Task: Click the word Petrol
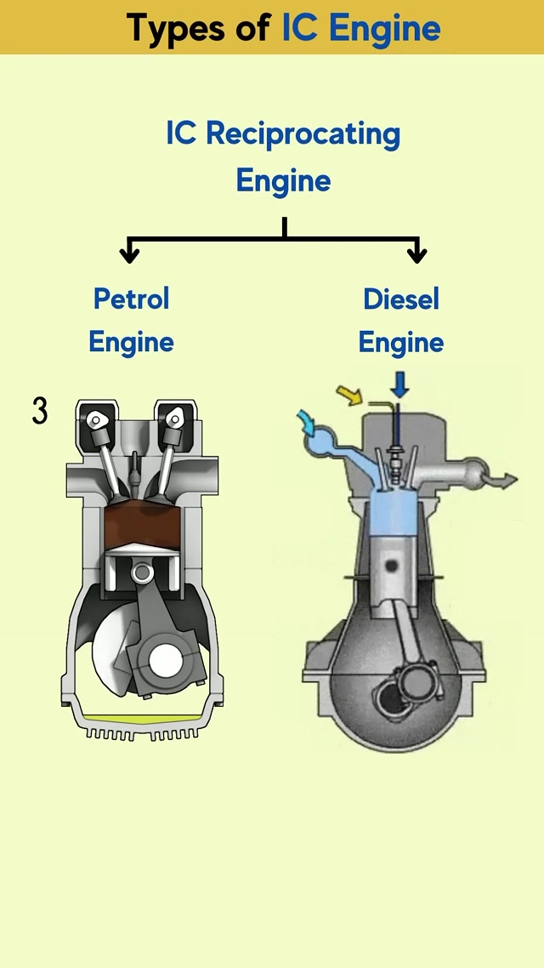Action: point(132,299)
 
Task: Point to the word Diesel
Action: point(401,299)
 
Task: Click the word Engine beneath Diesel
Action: point(401,342)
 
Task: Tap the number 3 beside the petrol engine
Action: point(40,411)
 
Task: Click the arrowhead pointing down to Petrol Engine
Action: point(129,253)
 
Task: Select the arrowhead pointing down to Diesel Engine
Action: point(416,253)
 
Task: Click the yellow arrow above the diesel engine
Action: point(348,394)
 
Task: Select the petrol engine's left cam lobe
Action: point(98,419)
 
